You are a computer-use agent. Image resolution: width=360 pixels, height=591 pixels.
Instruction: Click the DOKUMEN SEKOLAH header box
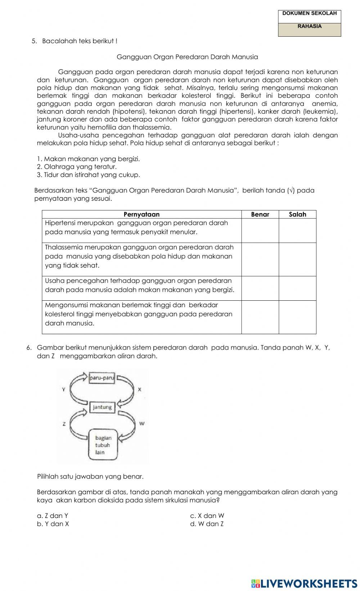309,14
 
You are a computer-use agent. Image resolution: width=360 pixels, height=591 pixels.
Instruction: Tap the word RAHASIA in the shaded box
309,27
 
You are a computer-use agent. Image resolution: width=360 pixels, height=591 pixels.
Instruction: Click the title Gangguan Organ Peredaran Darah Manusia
187,57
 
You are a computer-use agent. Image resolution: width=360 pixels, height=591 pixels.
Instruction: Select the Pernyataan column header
141,214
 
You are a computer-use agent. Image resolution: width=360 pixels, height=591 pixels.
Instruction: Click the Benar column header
260,214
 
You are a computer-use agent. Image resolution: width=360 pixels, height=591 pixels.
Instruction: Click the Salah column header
297,214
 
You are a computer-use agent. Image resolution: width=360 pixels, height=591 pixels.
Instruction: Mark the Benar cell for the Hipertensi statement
260,230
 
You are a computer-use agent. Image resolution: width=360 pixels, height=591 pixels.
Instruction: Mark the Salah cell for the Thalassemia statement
297,259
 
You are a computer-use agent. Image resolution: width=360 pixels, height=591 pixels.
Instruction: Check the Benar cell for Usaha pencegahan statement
260,288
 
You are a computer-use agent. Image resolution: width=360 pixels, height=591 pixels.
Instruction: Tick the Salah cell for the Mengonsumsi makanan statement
297,317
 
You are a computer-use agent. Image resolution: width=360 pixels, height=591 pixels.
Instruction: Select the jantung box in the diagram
102,407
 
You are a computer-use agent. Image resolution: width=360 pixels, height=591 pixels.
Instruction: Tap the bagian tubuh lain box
103,445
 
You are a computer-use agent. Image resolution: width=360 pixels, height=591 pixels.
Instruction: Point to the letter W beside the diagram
141,423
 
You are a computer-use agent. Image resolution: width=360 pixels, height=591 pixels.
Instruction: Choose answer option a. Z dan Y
53,516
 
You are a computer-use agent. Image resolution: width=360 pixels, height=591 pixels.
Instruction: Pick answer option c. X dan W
207,516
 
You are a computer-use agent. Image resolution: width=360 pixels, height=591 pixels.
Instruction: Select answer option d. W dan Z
207,524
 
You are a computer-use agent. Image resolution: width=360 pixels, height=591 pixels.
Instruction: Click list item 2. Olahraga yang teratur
77,167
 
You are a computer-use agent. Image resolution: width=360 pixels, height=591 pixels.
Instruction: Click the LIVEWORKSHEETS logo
304,583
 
